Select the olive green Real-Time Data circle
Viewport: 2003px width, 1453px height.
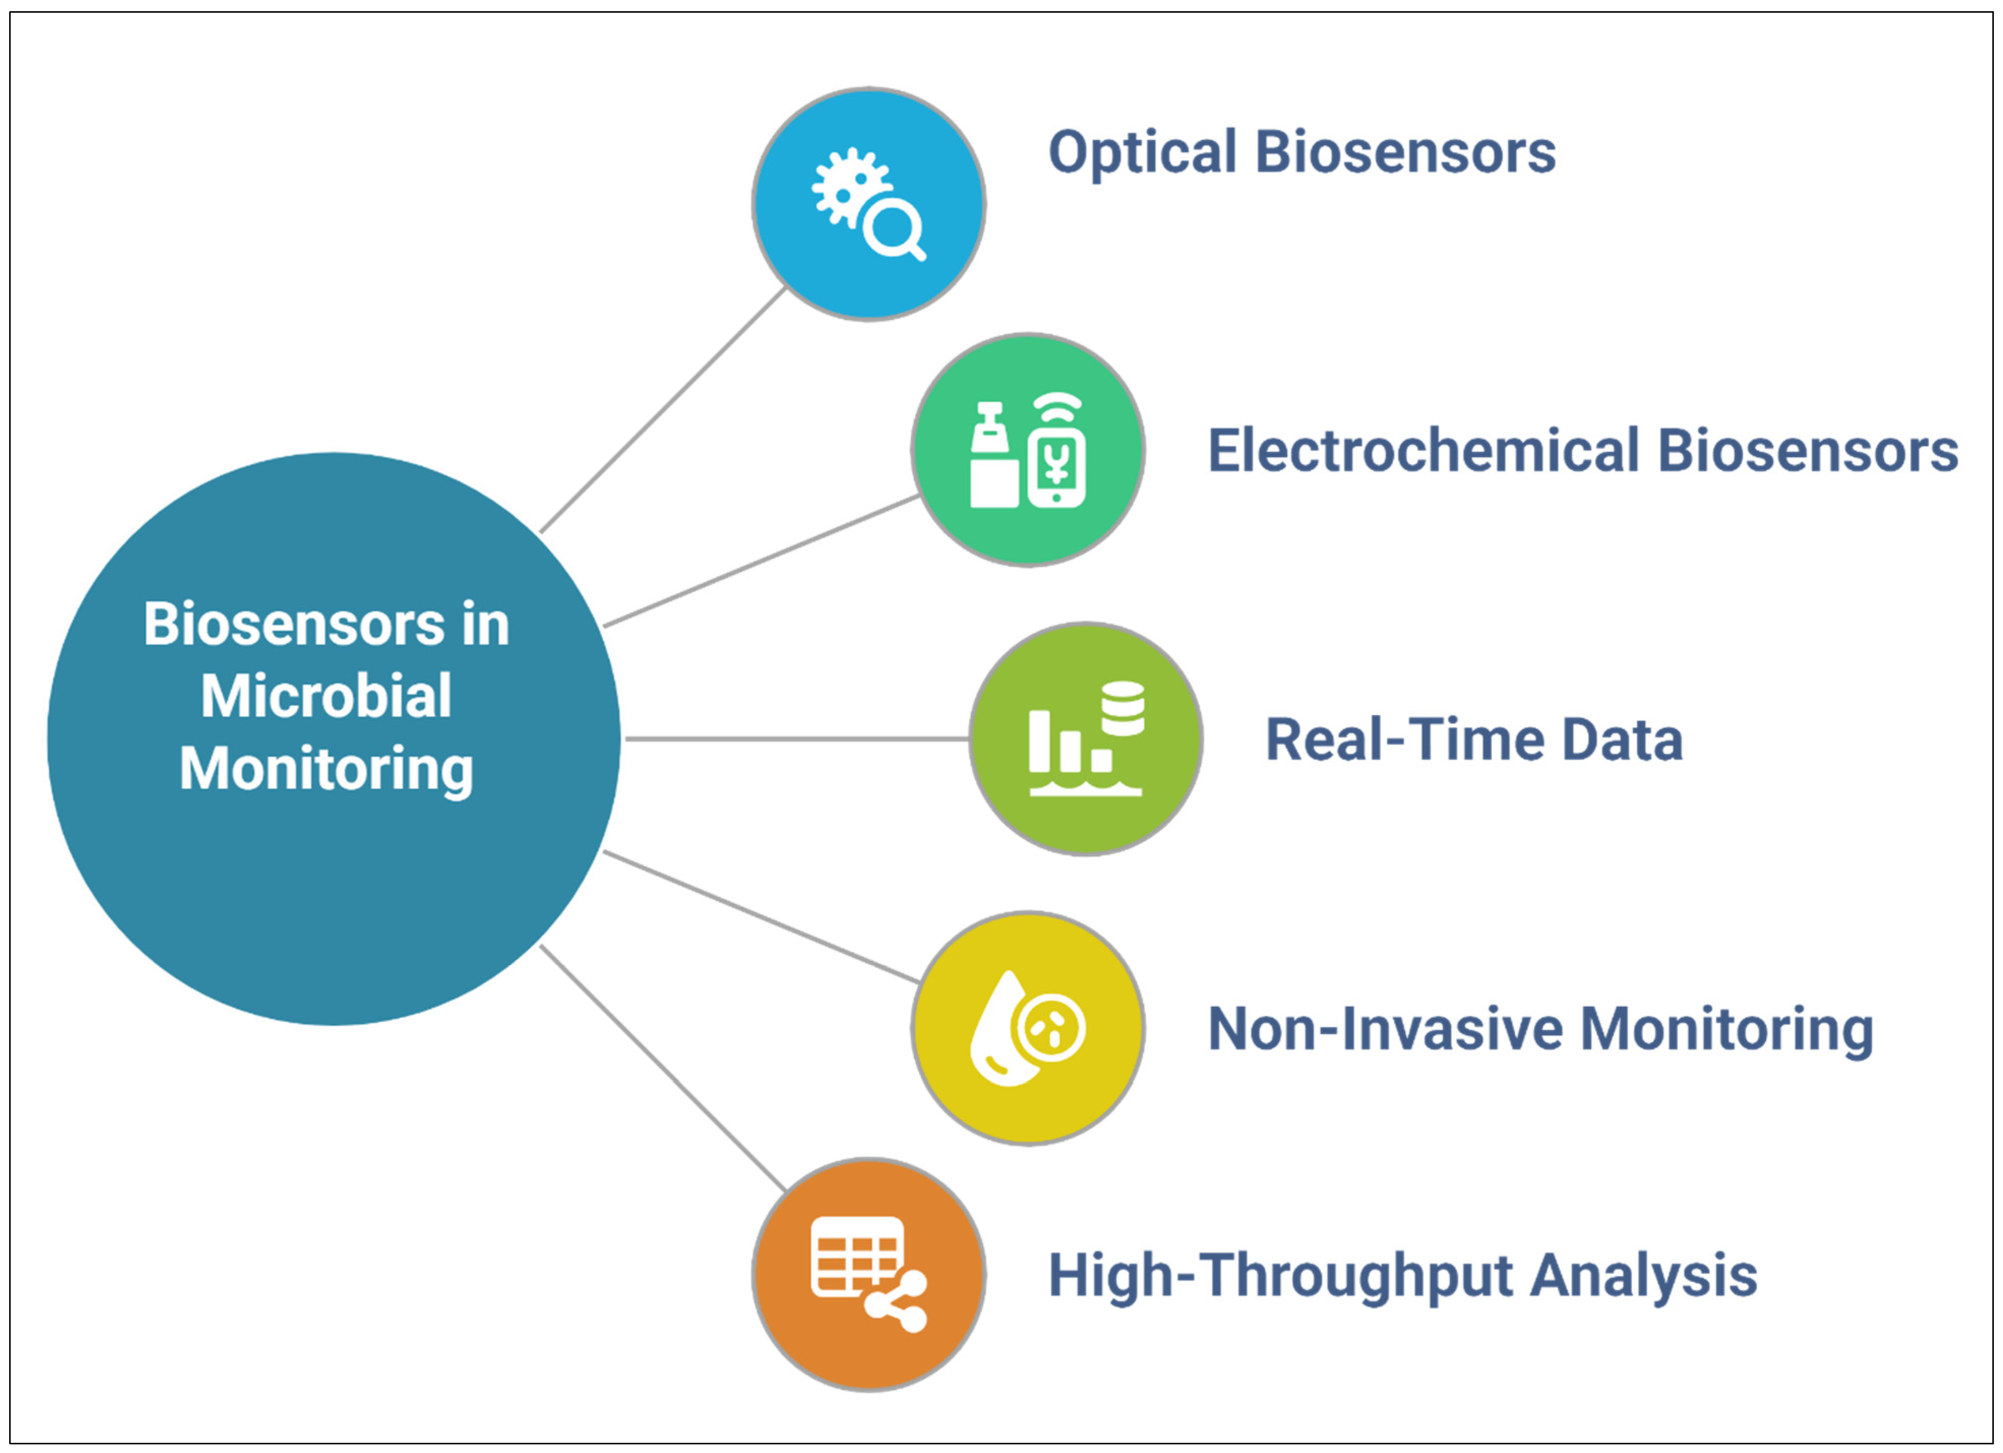[1086, 738]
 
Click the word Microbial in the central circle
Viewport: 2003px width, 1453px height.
[326, 696]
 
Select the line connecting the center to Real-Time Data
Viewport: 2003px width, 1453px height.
[796, 738]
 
